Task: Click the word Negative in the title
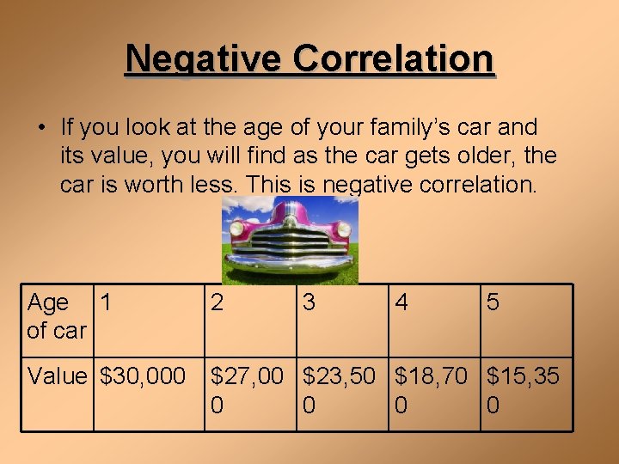click(x=204, y=58)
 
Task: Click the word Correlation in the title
click(x=393, y=58)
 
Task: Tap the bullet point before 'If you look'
click(x=41, y=128)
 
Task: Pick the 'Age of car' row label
click(x=57, y=316)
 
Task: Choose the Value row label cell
click(x=57, y=376)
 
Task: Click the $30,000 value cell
click(x=143, y=376)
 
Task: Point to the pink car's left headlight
click(x=236, y=229)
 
